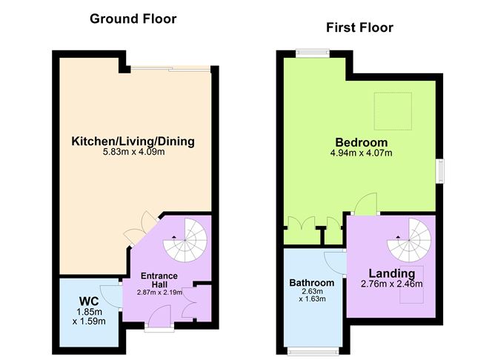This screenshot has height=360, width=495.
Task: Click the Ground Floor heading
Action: click(x=133, y=19)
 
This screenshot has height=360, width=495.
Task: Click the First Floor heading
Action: click(x=359, y=27)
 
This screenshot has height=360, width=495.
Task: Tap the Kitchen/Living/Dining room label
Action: click(x=133, y=141)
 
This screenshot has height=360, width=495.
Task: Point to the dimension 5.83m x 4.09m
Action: click(x=134, y=152)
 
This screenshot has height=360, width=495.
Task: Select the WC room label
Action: click(x=89, y=301)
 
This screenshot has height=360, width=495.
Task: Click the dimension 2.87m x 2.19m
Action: click(x=159, y=292)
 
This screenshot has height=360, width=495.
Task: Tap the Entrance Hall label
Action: click(x=159, y=280)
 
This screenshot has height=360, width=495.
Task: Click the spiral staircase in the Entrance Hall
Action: click(x=185, y=241)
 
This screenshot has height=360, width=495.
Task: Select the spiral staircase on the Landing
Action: click(x=409, y=241)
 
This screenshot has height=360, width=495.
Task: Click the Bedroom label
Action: click(x=361, y=143)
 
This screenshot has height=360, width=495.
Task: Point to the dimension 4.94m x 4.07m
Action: click(x=361, y=153)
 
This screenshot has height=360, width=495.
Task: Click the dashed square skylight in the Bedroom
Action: click(x=393, y=111)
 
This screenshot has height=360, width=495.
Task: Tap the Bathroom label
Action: click(x=311, y=283)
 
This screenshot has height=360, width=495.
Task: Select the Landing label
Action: click(x=392, y=273)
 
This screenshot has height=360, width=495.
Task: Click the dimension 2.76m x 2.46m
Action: click(x=391, y=284)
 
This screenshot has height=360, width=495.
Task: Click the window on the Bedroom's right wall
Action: click(x=440, y=171)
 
